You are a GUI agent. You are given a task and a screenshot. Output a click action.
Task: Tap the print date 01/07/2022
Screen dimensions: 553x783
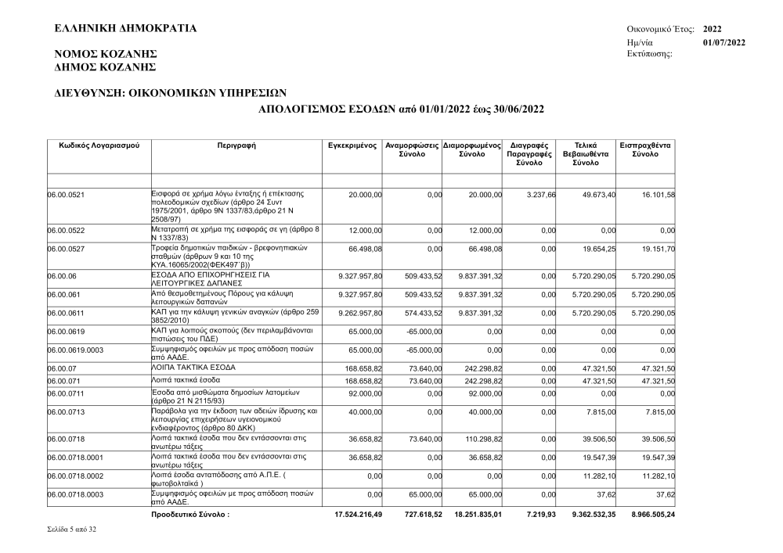[x=724, y=41]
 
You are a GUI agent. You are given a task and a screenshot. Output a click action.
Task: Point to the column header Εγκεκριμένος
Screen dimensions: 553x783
[x=353, y=145]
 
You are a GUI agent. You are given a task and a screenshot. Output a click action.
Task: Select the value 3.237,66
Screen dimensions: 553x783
[x=538, y=193]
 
